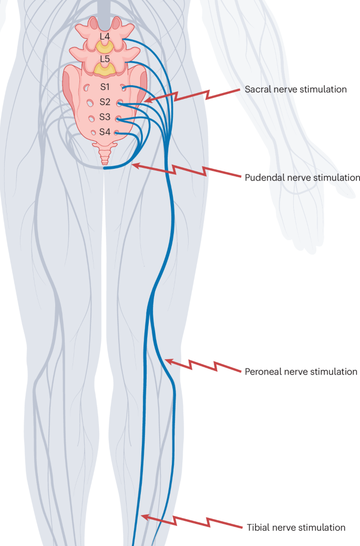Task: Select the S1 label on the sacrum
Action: click(105, 87)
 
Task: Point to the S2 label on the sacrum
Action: click(105, 102)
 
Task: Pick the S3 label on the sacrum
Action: click(105, 117)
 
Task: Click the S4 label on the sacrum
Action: click(105, 132)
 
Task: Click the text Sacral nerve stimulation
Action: click(295, 89)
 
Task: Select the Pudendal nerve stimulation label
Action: click(302, 177)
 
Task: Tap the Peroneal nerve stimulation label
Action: click(301, 371)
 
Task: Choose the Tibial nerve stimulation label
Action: click(296, 527)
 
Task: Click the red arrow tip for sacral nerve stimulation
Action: click(147, 100)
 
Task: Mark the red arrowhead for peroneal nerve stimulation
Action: click(167, 360)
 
